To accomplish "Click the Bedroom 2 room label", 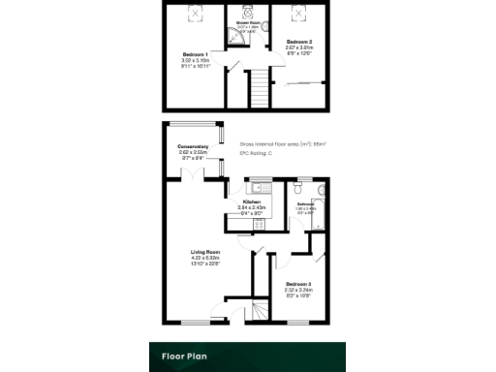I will point(299,44).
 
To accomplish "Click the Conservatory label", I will point(194,147).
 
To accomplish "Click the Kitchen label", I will point(253,203).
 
